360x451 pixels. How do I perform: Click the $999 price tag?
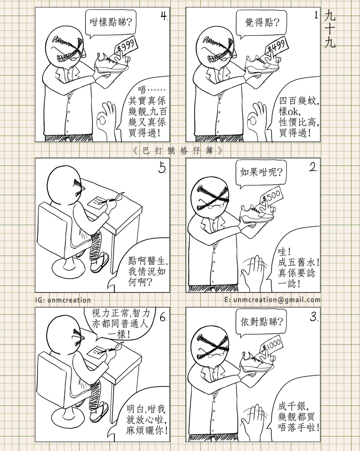point(126,46)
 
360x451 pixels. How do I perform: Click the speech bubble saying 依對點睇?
point(261,322)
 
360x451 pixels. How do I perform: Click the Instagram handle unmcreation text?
point(63,300)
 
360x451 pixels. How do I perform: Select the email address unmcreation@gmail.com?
point(273,300)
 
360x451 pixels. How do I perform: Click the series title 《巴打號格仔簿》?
point(178,151)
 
